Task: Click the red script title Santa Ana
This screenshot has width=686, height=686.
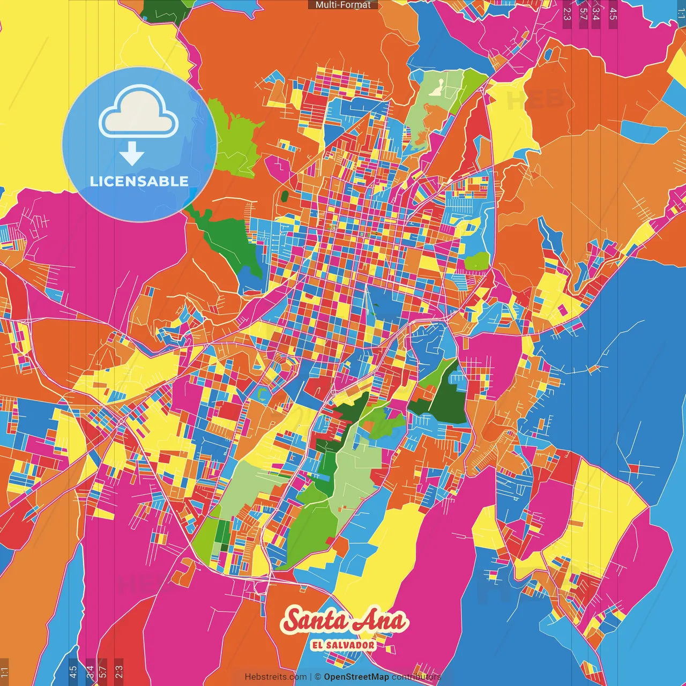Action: point(344,621)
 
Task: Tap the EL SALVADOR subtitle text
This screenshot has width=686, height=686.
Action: point(343,645)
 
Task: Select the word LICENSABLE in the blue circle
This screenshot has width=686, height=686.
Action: point(139,181)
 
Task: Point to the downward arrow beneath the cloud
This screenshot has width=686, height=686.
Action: point(132,154)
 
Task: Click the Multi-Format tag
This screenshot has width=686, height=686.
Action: point(342,5)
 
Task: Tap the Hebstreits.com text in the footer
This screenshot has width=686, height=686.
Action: point(275,677)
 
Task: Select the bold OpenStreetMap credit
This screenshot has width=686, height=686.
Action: point(356,677)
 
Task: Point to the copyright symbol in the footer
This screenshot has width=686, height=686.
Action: point(317,677)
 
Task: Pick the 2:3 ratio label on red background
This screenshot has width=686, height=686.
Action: point(118,672)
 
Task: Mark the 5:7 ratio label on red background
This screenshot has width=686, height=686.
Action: point(103,672)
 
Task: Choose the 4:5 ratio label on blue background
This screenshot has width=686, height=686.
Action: point(73,672)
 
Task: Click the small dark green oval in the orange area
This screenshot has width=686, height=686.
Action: point(285,196)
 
